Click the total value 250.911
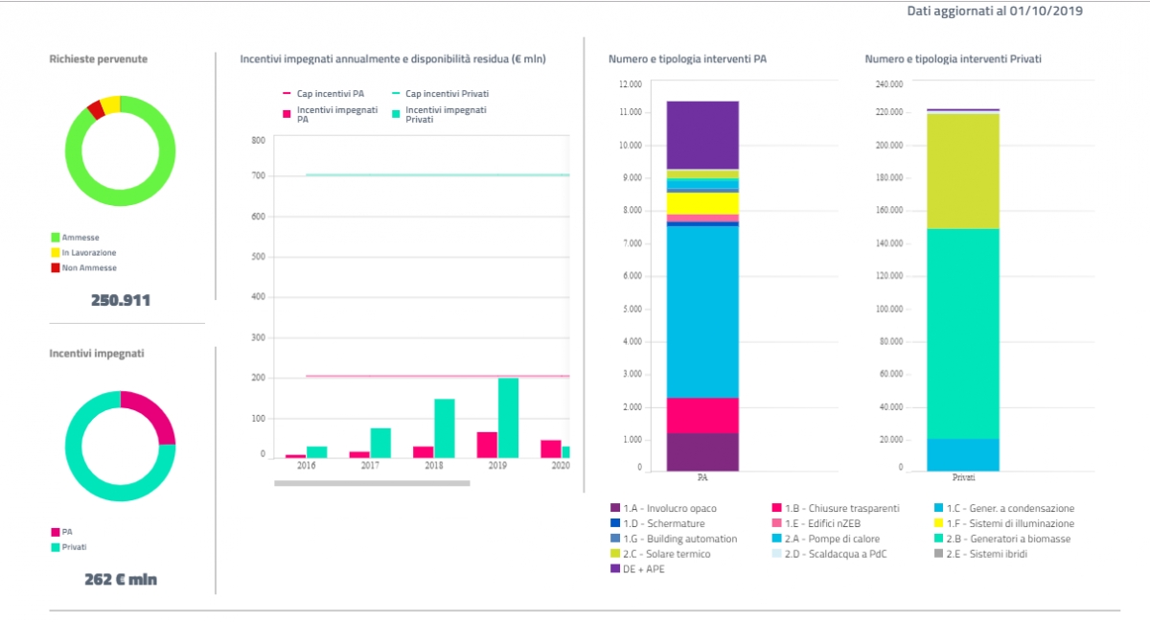click(x=121, y=300)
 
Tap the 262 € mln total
click(x=121, y=579)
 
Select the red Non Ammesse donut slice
click(x=95, y=109)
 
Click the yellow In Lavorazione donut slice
click(x=109, y=104)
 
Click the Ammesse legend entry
click(x=80, y=237)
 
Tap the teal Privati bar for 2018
click(x=444, y=427)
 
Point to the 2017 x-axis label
click(x=370, y=465)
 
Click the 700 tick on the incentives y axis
click(x=258, y=175)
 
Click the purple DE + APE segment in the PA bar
click(x=702, y=134)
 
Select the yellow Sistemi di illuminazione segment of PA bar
click(x=702, y=203)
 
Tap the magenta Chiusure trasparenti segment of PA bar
click(x=702, y=415)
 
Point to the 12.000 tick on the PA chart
click(x=630, y=83)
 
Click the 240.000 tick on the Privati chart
click(x=888, y=83)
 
